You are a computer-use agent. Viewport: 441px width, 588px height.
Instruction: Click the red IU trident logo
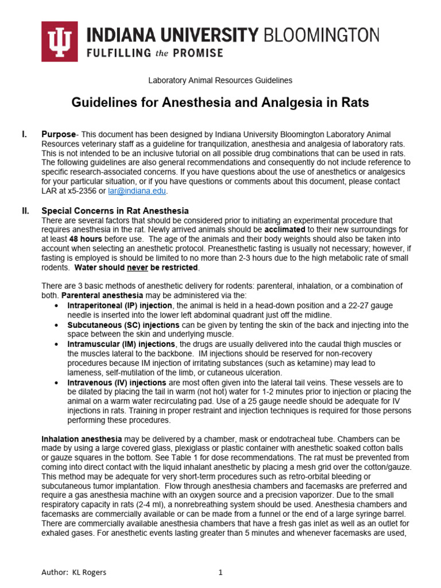click(59, 41)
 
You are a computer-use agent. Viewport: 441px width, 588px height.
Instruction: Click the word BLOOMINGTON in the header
click(321, 35)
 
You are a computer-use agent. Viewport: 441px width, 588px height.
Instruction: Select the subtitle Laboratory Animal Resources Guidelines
click(220, 81)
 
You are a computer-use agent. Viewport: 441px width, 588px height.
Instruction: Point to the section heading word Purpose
click(59, 134)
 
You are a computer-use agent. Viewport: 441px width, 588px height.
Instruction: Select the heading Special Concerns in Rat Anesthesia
click(115, 211)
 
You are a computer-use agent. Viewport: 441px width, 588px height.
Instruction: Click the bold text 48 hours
click(86, 239)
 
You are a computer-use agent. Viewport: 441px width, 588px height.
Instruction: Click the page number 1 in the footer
click(220, 572)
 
